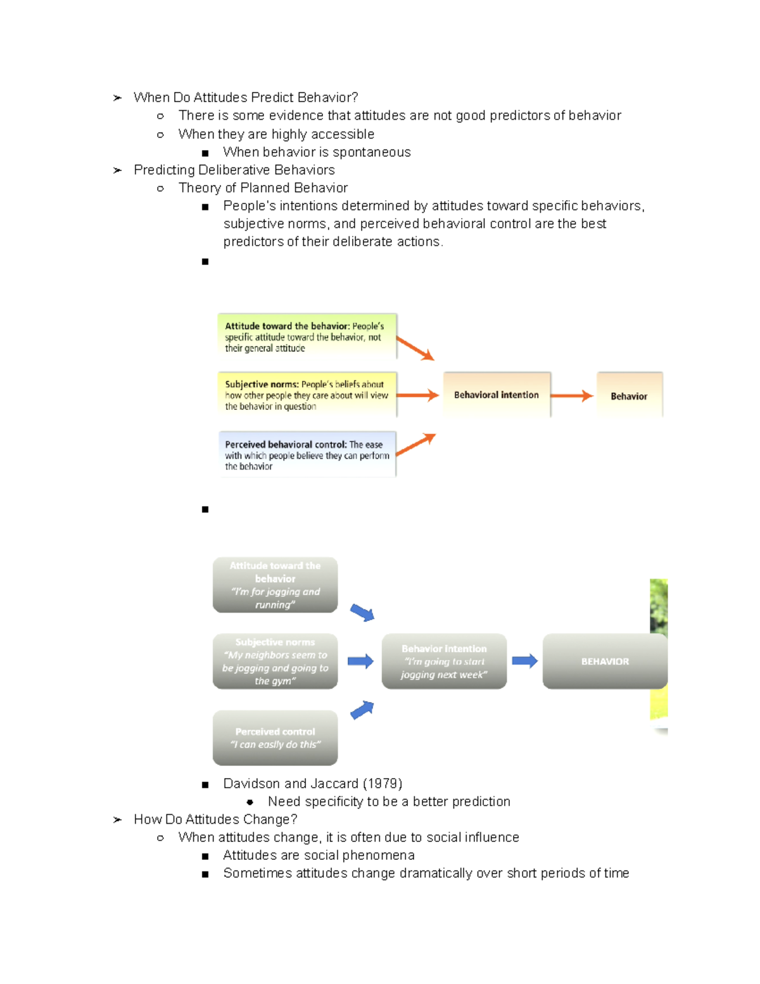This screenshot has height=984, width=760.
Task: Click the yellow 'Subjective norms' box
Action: (x=307, y=395)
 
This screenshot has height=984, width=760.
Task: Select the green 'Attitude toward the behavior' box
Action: (x=307, y=336)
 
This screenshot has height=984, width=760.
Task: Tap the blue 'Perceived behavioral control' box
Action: (x=307, y=454)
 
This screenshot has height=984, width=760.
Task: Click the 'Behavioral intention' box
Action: (x=497, y=395)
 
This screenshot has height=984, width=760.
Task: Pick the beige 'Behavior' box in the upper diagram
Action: (x=629, y=395)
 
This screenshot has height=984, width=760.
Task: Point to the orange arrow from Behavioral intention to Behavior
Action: (x=572, y=395)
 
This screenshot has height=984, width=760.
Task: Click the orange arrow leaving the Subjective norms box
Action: (x=418, y=395)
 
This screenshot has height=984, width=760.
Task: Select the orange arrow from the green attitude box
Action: (x=415, y=348)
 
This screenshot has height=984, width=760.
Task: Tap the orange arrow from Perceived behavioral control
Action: (x=416, y=444)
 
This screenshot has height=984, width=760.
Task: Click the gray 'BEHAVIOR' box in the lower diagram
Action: (x=605, y=661)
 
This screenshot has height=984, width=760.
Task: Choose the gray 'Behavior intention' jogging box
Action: (x=444, y=661)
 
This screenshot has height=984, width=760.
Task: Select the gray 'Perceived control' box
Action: (x=275, y=738)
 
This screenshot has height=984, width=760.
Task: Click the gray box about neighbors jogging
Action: (x=275, y=661)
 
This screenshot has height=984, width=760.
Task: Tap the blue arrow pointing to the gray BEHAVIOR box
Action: (x=524, y=661)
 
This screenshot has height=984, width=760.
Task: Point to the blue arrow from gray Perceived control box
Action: (x=362, y=710)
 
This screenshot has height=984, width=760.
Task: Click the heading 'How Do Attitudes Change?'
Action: (x=215, y=819)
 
